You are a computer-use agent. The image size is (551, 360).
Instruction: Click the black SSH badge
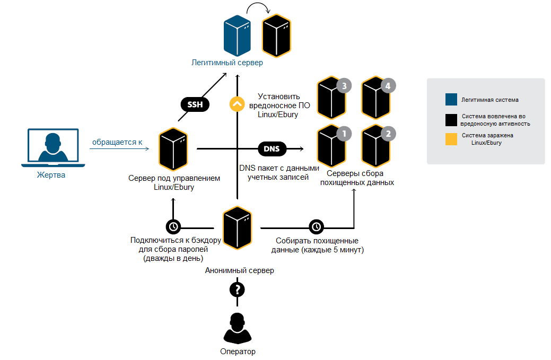click(x=195, y=104)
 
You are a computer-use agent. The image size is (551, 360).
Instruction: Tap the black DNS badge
click(x=272, y=148)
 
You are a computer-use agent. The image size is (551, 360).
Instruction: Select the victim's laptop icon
click(x=51, y=147)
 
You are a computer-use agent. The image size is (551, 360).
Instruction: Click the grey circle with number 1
click(x=344, y=134)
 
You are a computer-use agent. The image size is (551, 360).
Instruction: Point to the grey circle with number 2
click(x=388, y=134)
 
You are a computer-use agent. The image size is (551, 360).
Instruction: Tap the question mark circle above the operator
click(x=237, y=289)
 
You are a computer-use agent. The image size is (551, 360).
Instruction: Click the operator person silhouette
click(x=237, y=329)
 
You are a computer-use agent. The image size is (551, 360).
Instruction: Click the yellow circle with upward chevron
click(x=237, y=103)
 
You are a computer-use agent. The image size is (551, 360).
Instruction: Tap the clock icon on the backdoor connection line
click(x=173, y=226)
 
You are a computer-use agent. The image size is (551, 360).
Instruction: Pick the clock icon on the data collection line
click(x=316, y=226)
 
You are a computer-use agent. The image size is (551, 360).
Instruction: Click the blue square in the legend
click(x=451, y=99)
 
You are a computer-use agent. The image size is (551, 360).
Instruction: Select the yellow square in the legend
click(x=451, y=139)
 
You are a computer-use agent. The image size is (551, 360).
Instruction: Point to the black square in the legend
click(x=451, y=120)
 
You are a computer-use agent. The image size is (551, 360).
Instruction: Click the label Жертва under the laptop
click(x=51, y=175)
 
